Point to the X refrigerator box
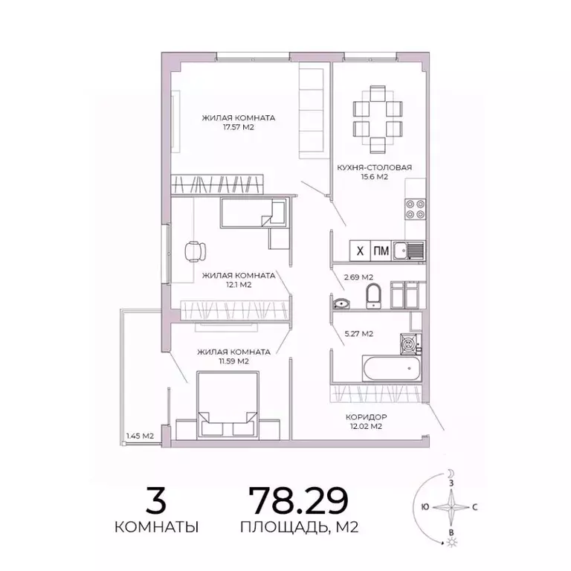pyautogui.click(x=359, y=251)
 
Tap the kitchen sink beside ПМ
pyautogui.click(x=408, y=251)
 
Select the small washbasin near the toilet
pyautogui.click(x=341, y=302)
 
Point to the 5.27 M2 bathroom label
pyautogui.click(x=358, y=334)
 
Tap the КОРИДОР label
pyautogui.click(x=366, y=417)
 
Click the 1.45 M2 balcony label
pyautogui.click(x=140, y=436)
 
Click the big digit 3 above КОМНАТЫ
pyautogui.click(x=156, y=500)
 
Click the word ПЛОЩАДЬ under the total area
pyautogui.click(x=274, y=528)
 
